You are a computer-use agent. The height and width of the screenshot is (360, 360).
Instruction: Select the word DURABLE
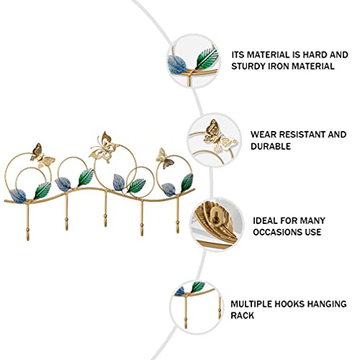pyautogui.click(x=271, y=146)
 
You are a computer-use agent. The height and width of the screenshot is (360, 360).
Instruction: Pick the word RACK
pyautogui.click(x=242, y=315)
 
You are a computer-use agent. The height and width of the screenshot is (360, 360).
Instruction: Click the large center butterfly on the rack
pyautogui.click(x=103, y=148)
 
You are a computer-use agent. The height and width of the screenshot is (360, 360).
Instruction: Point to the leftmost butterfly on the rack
pyautogui.click(x=41, y=156)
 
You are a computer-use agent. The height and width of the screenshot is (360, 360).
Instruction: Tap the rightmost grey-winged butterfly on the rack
pyautogui.click(x=164, y=159)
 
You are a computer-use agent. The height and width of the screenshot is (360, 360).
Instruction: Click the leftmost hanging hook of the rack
pyautogui.click(x=27, y=221)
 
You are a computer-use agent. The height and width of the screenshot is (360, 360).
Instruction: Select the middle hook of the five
pyautogui.click(x=105, y=210)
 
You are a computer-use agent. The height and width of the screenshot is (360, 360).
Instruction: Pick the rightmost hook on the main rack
pyautogui.click(x=178, y=215)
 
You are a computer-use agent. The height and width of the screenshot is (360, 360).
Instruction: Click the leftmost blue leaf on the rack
pyautogui.click(x=18, y=196)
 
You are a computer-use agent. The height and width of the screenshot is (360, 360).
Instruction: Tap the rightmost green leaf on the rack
pyautogui.click(x=187, y=182)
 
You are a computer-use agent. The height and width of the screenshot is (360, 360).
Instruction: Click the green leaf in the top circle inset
pyautogui.click(x=207, y=58)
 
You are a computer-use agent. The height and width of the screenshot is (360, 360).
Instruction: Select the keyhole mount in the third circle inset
pyautogui.click(x=217, y=215)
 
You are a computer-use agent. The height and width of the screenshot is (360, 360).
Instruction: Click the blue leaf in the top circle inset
pyautogui.click(x=177, y=65)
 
